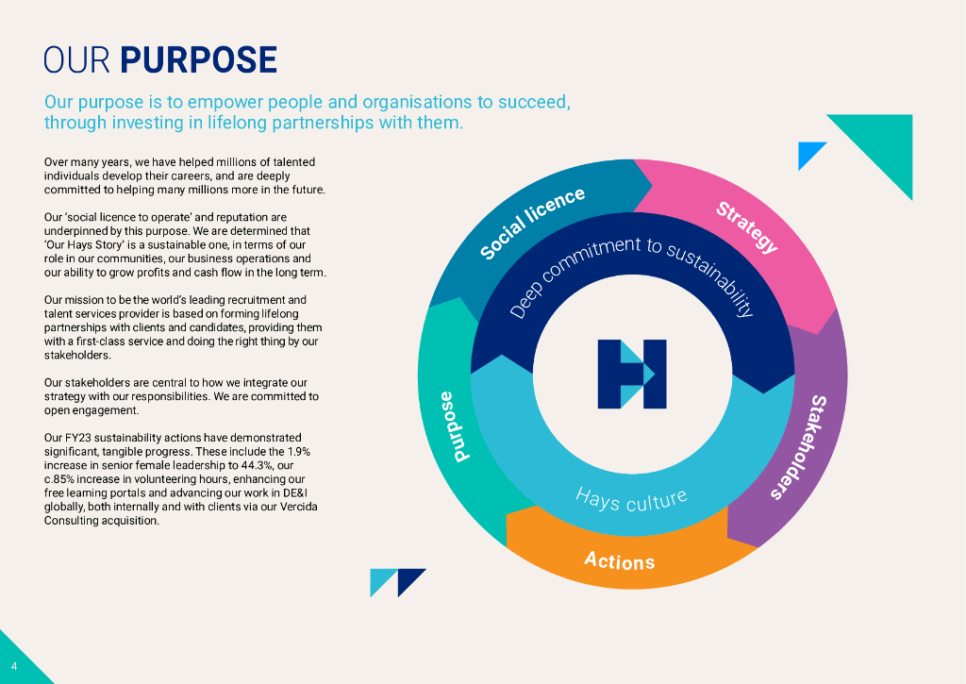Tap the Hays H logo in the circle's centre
[x=631, y=374]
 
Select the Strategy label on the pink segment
[x=747, y=227]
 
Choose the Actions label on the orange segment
[x=619, y=561]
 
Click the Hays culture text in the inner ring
[x=631, y=498]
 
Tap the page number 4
[x=14, y=666]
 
